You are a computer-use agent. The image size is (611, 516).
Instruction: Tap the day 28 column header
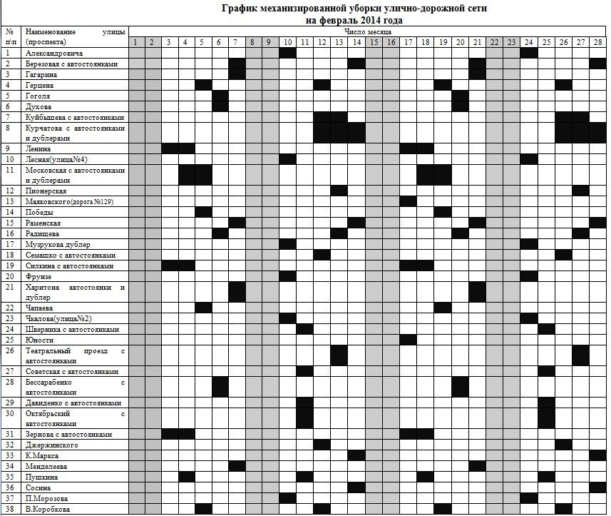(598, 42)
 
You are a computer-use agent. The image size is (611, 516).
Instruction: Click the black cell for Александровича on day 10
(287, 54)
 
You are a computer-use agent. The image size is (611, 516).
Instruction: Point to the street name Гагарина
(43, 74)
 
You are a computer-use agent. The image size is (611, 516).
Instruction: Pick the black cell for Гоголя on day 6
(220, 96)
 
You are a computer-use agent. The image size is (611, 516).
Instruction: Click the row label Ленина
(40, 148)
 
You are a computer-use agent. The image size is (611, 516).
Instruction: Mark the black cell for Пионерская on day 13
(339, 191)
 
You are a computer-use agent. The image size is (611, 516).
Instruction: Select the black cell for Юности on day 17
(408, 340)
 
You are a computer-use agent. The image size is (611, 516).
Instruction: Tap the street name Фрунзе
(40, 276)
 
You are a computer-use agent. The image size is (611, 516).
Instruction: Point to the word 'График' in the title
(240, 9)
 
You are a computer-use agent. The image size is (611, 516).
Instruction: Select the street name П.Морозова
(47, 498)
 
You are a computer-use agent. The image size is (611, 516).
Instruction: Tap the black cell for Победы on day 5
(203, 212)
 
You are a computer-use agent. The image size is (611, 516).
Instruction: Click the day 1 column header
(135, 42)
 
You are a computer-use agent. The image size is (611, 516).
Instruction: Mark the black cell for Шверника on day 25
(546, 329)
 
